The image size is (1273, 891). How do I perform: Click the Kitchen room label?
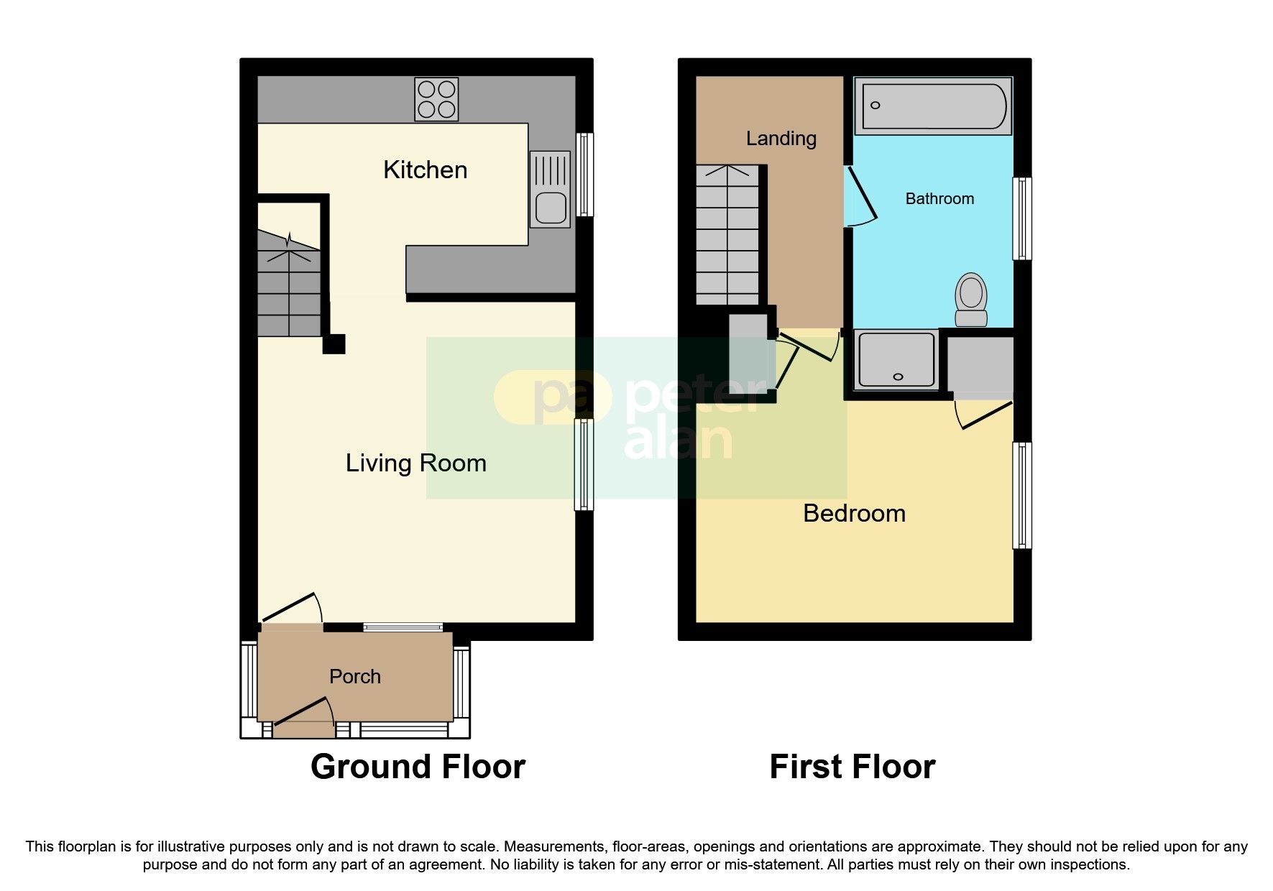coord(425,170)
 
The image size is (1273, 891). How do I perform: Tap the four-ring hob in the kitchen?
coord(436,99)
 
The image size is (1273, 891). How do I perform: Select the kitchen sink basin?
coord(551,208)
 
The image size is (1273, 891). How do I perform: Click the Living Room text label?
coord(415,463)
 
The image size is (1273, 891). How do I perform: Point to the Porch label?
coord(354,676)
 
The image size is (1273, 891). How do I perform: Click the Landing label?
coord(781,138)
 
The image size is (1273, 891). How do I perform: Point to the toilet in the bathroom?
coord(971,299)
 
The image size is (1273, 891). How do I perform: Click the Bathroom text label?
coord(939,198)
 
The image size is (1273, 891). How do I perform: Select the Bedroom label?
coord(853,513)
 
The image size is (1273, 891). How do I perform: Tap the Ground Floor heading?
coord(418,767)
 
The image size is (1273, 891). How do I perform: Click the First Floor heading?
coord(852,767)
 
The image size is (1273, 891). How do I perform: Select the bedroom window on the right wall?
coord(1021,495)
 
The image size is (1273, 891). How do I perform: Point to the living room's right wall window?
coord(584,465)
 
